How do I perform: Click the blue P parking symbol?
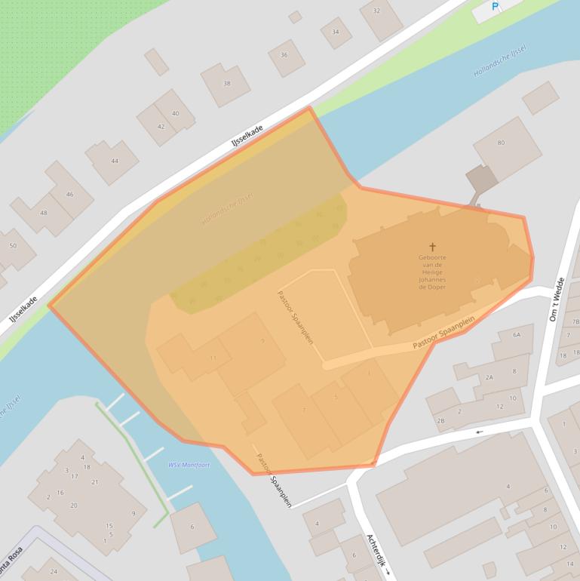coord(496,7)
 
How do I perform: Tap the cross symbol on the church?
coord(433,247)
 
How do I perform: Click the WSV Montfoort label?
coord(189,465)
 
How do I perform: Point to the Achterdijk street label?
coord(376,555)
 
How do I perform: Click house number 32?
coord(376,11)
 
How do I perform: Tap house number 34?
coord(336,32)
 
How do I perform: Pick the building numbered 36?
coord(284,55)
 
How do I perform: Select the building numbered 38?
coord(226,83)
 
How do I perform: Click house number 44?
coord(115,161)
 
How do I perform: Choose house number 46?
coord(69,194)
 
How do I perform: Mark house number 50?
coord(13,245)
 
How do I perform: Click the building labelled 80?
coord(501,143)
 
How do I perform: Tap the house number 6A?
coord(517,334)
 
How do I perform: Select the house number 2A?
coord(489,377)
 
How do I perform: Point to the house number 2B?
coord(440,420)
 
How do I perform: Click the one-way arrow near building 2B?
coord(480,432)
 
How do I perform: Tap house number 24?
coord(54,571)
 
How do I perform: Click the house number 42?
coord(161,127)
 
